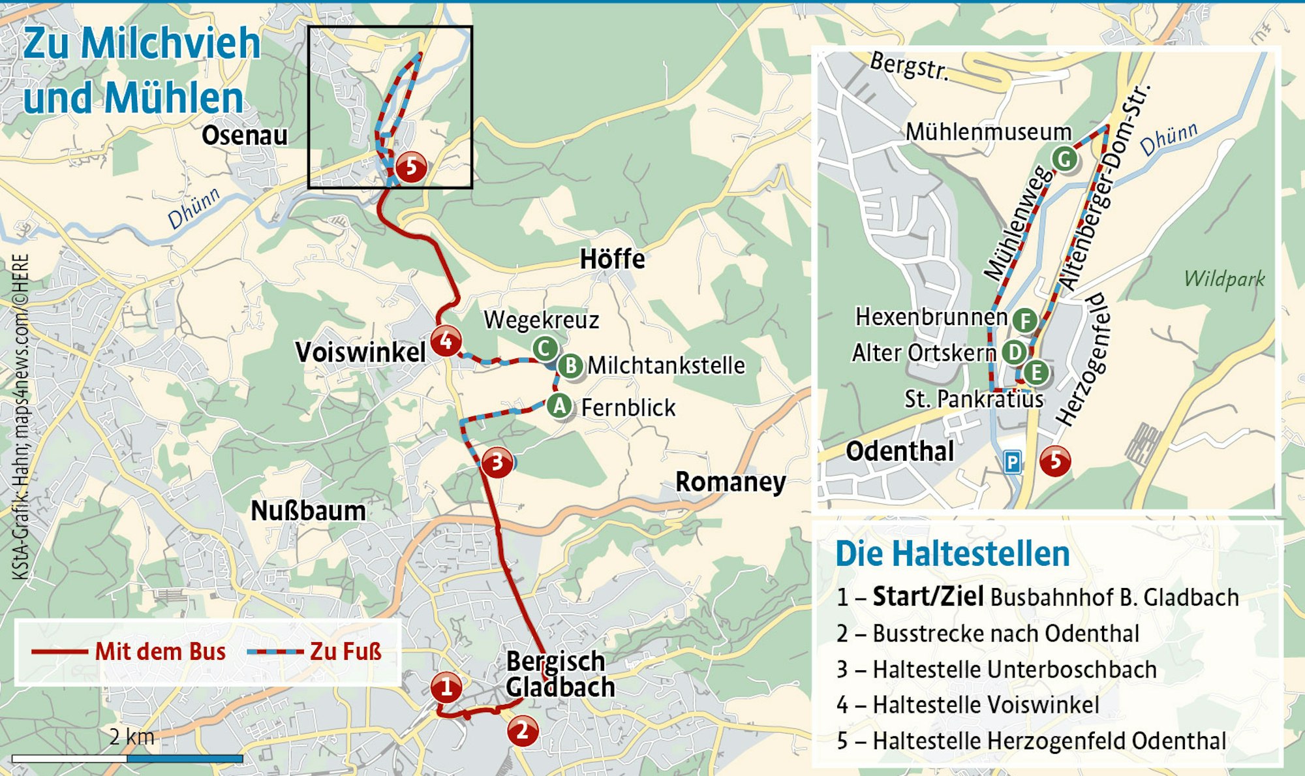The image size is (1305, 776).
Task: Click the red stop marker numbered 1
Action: pos(446,687)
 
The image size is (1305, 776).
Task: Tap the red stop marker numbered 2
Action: pos(523,731)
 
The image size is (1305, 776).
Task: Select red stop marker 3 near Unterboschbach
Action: pos(497,463)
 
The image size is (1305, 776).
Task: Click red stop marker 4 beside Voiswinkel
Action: pos(446,341)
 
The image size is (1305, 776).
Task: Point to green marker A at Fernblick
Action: pos(559,406)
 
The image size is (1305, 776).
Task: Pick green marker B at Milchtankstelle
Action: pos(570,365)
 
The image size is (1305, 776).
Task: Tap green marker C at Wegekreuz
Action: pos(545,349)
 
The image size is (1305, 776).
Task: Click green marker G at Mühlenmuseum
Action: pos(1065,159)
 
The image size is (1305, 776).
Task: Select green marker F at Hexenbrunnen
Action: pos(1025,320)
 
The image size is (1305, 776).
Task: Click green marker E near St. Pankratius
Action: pos(1036,373)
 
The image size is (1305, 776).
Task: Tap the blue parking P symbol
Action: pos(1012,463)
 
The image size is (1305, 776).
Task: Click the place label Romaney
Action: pos(730,482)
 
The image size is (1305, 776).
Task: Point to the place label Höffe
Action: pos(612,259)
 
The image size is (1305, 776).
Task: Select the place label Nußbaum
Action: pos(308,511)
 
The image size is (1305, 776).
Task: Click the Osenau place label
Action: pos(245,136)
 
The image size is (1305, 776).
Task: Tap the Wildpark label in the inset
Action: pos(1224,279)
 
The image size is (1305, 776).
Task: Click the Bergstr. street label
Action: pos(909,66)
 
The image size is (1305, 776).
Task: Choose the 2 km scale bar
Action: pos(127,758)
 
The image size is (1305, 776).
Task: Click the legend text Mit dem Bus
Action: pos(160,651)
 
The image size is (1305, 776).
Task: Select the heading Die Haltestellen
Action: pos(953,554)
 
